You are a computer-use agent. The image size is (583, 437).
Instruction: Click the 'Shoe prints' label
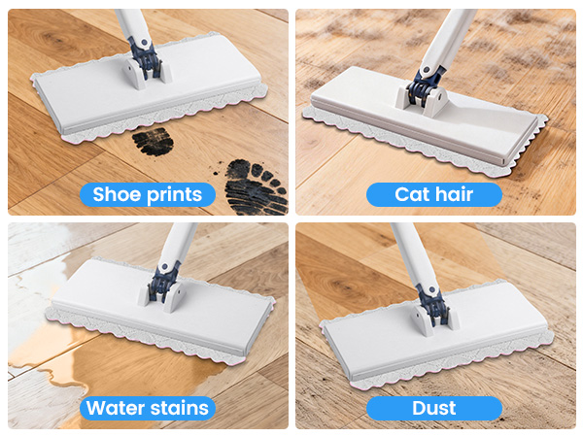click(148, 194)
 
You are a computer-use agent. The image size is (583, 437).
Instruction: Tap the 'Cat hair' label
click(434, 194)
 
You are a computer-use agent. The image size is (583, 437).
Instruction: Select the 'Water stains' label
click(148, 408)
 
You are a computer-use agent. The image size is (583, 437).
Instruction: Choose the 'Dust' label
click(434, 408)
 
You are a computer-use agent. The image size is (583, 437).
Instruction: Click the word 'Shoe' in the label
click(116, 194)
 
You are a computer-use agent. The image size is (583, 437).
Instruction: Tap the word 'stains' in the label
click(179, 408)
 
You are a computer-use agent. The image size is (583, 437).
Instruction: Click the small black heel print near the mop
click(153, 141)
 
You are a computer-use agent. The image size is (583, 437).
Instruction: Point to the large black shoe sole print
click(257, 186)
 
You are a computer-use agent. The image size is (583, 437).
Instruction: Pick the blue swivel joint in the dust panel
click(432, 304)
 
